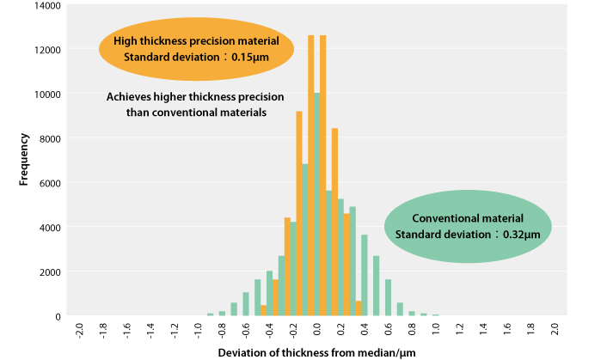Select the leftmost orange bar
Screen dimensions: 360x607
tap(264, 311)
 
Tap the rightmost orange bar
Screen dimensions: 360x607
tap(358, 308)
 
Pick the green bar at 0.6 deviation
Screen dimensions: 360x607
tap(389, 297)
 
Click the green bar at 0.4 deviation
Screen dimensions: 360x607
tap(365, 276)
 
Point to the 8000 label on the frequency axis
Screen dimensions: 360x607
tap(50, 137)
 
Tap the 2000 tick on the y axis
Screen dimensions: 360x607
tap(50, 272)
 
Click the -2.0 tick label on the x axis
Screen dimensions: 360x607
tap(80, 332)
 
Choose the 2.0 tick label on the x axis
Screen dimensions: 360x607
tap(555, 332)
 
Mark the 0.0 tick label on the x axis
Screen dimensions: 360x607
tap(317, 332)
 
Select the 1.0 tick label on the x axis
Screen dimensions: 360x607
tap(437, 332)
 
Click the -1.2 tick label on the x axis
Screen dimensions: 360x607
tap(175, 332)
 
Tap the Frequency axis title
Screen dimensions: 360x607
tap(24, 160)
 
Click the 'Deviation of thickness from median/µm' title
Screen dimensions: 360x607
tap(316, 351)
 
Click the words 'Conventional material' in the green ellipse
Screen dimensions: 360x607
tap(468, 218)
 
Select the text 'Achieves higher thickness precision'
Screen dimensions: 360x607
tap(195, 97)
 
